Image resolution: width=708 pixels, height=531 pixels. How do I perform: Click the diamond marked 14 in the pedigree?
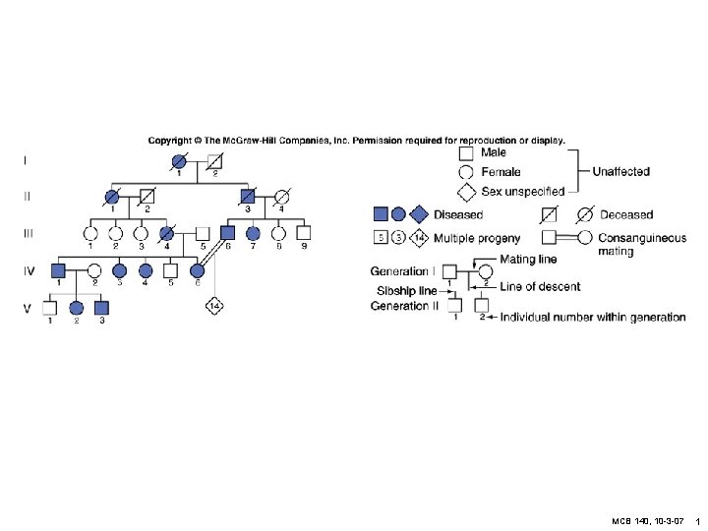214,307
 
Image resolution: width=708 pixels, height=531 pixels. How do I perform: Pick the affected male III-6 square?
228,233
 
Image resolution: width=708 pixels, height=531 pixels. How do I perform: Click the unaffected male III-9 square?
304,233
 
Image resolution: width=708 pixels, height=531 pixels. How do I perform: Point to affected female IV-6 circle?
197,269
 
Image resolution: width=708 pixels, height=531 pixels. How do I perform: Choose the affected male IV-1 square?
58,269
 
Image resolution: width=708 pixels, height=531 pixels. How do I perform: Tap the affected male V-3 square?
100,307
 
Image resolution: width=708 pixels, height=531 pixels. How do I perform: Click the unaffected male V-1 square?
49,307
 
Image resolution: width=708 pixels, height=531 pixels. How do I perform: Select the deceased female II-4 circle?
281,196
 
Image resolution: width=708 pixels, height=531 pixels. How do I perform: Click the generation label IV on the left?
29,268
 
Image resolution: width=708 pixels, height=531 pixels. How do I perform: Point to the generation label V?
28,307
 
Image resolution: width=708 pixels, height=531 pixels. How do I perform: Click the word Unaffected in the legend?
620,171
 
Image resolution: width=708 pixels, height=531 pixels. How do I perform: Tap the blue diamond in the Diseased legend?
419,213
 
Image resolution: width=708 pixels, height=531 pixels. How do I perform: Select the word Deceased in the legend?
626,214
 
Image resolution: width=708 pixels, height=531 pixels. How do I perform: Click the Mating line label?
528,259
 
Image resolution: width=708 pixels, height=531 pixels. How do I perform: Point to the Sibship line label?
407,290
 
